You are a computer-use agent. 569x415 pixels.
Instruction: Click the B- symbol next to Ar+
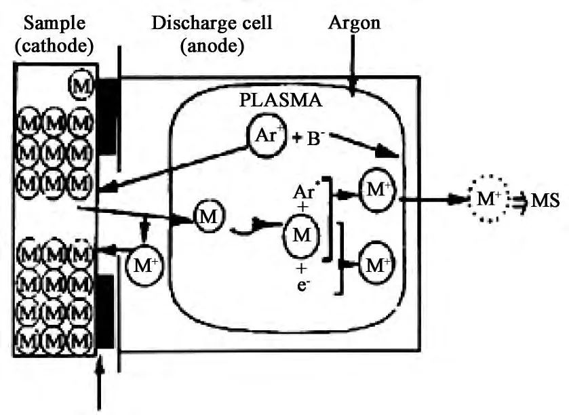pyautogui.click(x=311, y=142)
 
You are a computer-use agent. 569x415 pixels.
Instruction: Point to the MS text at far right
pyautogui.click(x=548, y=201)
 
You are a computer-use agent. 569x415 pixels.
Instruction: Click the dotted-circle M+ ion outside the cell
pyautogui.click(x=487, y=201)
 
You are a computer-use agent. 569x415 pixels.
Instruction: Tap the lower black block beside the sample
pyautogui.click(x=107, y=312)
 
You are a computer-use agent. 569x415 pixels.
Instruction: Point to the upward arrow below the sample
pyautogui.click(x=103, y=391)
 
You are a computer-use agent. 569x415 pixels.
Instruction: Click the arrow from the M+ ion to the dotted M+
pyautogui.click(x=434, y=201)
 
